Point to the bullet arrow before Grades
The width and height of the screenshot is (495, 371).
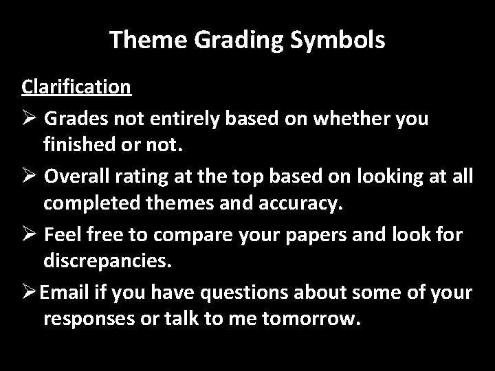click(29, 119)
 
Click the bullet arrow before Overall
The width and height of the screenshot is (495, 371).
click(29, 177)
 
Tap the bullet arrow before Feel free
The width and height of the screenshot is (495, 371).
click(29, 234)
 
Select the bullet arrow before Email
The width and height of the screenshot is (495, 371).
click(29, 293)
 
